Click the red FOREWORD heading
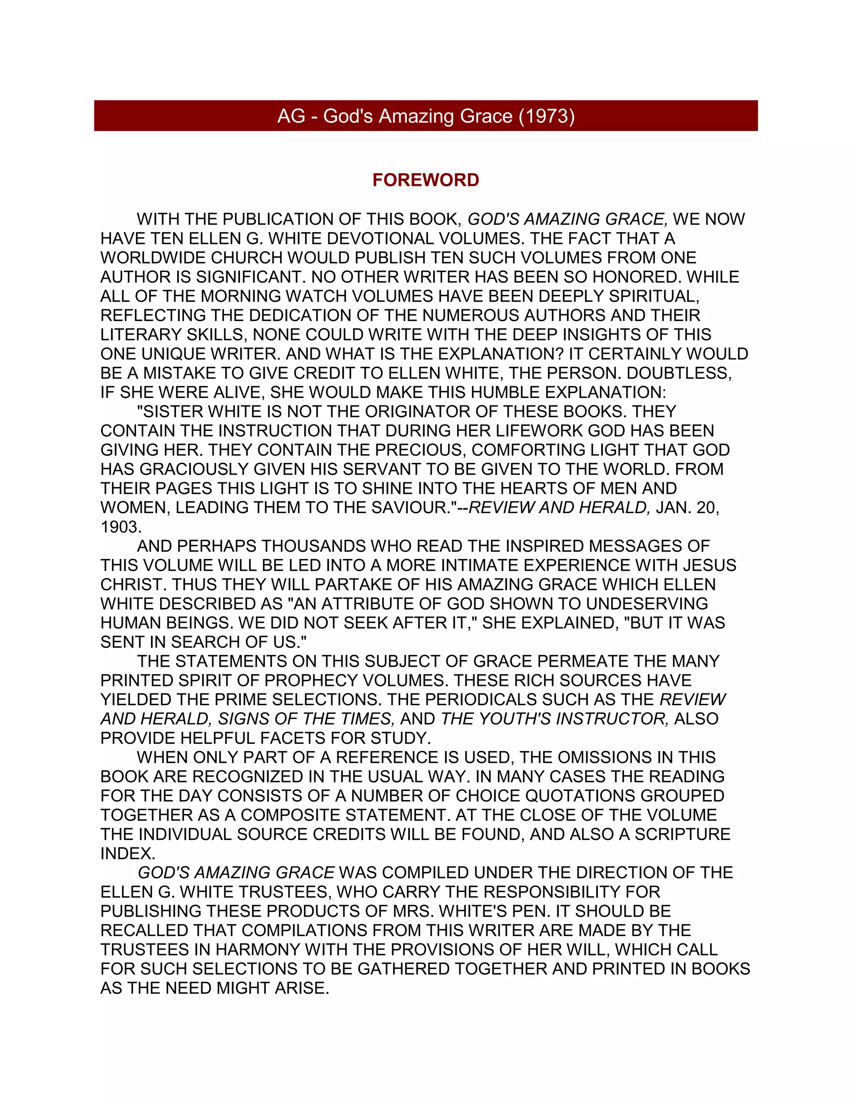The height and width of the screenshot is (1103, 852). click(426, 180)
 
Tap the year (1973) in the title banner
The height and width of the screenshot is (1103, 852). click(547, 116)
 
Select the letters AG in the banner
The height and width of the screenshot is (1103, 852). click(291, 116)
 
